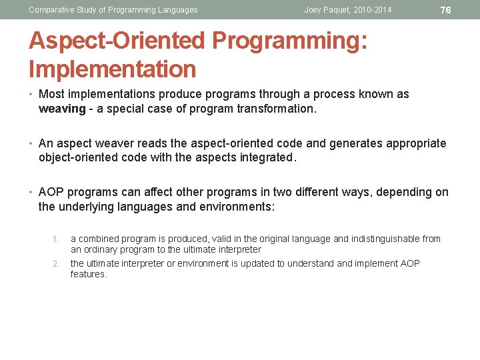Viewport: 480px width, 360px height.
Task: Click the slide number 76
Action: [x=445, y=10]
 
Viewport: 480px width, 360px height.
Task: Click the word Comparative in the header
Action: [x=51, y=10]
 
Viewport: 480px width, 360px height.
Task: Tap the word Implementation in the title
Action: [x=112, y=69]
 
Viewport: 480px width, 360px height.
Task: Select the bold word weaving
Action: [x=62, y=109]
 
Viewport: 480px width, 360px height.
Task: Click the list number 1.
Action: [x=57, y=239]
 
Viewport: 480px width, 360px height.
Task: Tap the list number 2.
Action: [x=57, y=263]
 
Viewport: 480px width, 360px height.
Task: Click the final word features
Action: [x=89, y=274]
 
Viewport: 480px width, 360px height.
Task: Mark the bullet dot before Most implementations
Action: [x=32, y=95]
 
